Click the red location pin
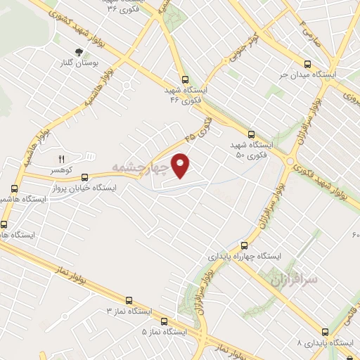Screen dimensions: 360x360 click(181, 165)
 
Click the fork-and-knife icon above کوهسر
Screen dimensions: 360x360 click(60, 159)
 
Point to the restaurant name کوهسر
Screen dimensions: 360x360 click(60, 171)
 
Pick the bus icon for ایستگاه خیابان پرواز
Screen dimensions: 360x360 click(85, 176)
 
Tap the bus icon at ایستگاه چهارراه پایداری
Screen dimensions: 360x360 click(244, 245)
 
